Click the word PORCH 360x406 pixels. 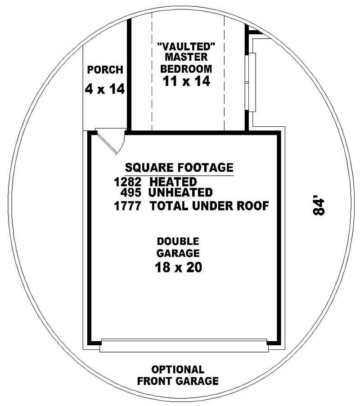[105, 70]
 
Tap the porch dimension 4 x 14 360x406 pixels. [104, 89]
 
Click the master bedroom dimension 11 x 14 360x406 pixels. [186, 81]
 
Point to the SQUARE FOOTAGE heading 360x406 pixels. [179, 168]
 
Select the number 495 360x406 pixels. [132, 192]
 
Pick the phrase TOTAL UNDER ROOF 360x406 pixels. [209, 206]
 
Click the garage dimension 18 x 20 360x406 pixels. [178, 268]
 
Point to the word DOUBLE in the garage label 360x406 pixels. [178, 241]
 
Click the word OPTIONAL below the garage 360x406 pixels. [178, 370]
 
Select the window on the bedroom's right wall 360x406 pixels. [252, 82]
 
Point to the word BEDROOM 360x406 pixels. [186, 69]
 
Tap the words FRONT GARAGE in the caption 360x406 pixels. [178, 381]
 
